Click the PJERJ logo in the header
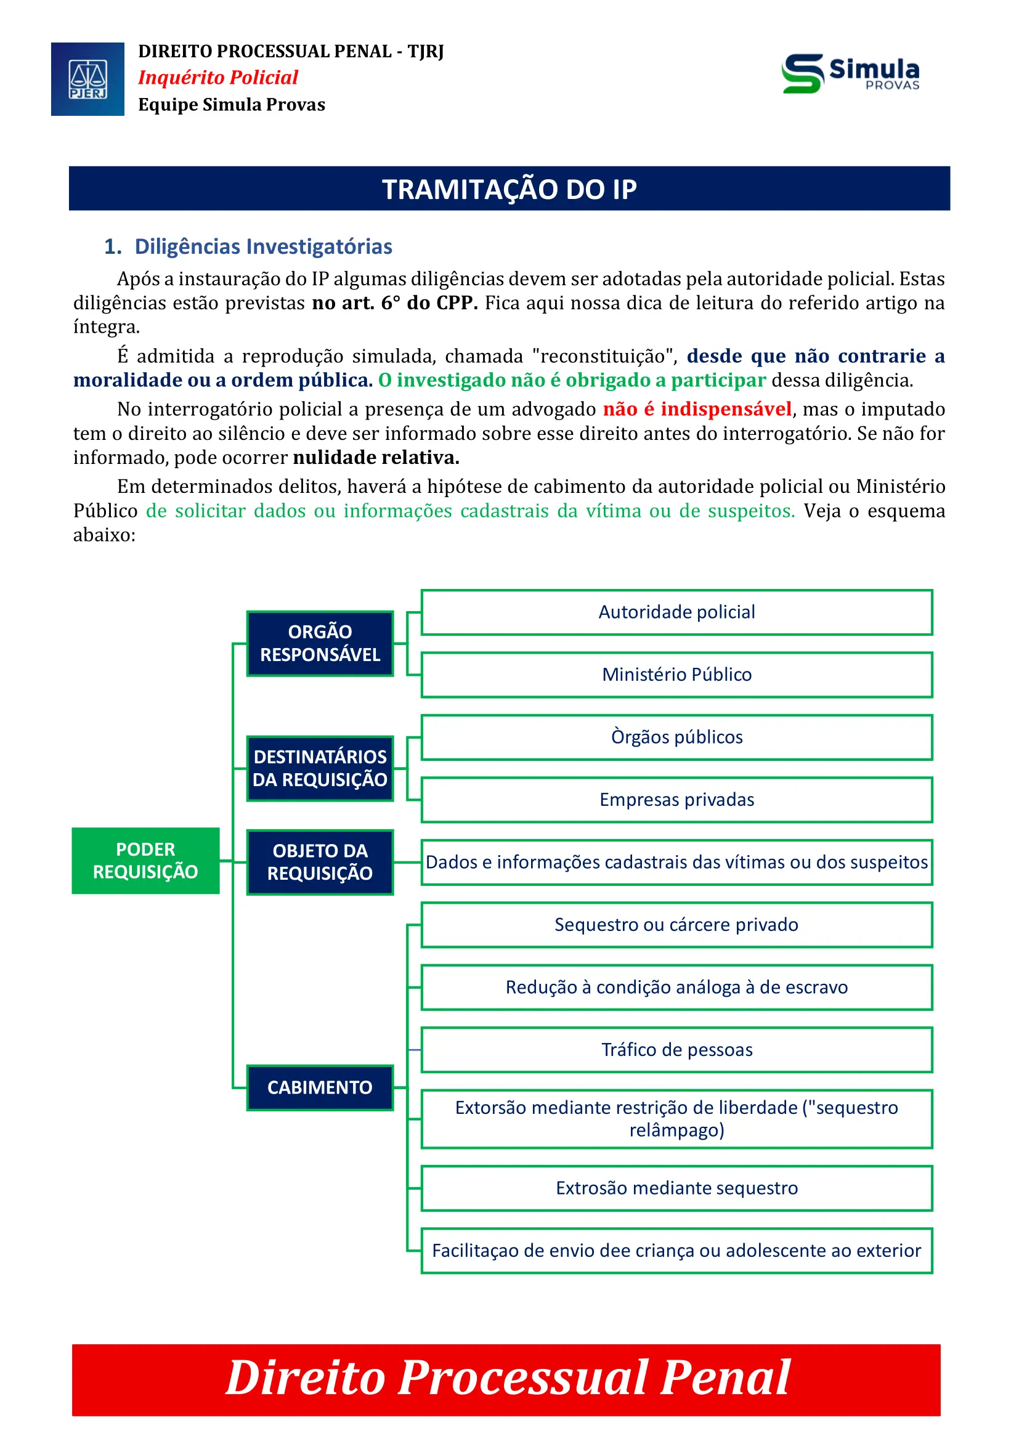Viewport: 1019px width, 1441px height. (87, 79)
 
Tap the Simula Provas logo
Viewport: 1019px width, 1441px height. (850, 74)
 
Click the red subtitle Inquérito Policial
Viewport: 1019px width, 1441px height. (217, 77)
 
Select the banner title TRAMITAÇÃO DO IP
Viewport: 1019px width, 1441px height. (509, 189)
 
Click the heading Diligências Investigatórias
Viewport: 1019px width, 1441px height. (263, 246)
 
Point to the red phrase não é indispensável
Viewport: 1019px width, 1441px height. (697, 409)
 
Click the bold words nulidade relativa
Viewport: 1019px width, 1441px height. (376, 458)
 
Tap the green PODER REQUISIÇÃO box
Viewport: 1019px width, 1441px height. (145, 861)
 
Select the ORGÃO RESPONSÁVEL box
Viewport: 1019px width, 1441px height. (320, 643)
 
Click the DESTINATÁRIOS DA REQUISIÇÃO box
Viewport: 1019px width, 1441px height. (320, 768)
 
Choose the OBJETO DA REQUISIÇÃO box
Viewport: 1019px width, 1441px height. (320, 862)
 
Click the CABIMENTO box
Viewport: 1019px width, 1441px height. (320, 1087)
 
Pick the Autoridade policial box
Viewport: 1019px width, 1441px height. (676, 612)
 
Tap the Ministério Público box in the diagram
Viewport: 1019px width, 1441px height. (676, 675)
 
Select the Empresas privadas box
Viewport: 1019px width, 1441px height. (676, 800)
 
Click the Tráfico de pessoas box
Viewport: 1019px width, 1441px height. (676, 1049)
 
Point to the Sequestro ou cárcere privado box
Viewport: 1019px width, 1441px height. (676, 925)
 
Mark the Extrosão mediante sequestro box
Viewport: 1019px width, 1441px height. (676, 1188)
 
